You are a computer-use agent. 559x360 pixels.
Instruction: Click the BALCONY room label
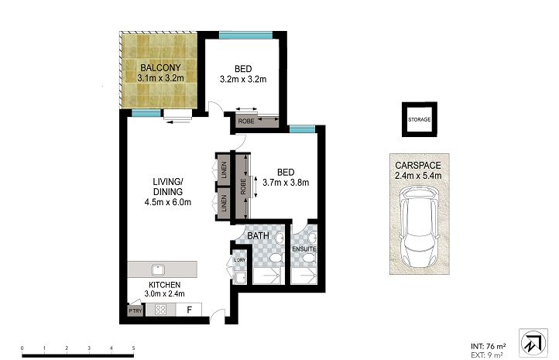point(160,67)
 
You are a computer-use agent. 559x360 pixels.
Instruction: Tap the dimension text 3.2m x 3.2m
point(243,79)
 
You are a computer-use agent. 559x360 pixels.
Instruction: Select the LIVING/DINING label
point(168,187)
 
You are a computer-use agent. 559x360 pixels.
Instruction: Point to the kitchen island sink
point(158,270)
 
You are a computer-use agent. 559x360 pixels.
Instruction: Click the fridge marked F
point(189,310)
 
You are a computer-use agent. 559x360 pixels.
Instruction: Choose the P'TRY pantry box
point(135,310)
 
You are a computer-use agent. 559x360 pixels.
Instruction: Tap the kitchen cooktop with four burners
point(160,310)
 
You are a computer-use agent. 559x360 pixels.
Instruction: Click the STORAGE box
point(420,119)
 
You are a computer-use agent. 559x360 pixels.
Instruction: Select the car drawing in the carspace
point(420,227)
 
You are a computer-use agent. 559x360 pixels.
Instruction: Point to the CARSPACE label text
point(418,166)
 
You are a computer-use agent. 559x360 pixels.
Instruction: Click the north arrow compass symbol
point(533,343)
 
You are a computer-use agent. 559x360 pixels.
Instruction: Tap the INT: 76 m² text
point(489,346)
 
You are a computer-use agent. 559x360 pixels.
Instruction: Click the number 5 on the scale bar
point(133,348)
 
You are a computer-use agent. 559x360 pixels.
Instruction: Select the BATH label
point(258,235)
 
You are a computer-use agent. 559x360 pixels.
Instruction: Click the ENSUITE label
point(304,249)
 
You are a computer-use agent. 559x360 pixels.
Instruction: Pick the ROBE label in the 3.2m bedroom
point(246,122)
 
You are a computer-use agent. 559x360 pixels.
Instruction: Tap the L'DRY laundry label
point(240,260)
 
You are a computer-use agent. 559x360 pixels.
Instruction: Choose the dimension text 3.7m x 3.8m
point(286,183)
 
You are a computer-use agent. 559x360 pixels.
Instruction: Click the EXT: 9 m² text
point(487,355)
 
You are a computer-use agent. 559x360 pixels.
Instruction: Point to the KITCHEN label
point(164,285)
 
